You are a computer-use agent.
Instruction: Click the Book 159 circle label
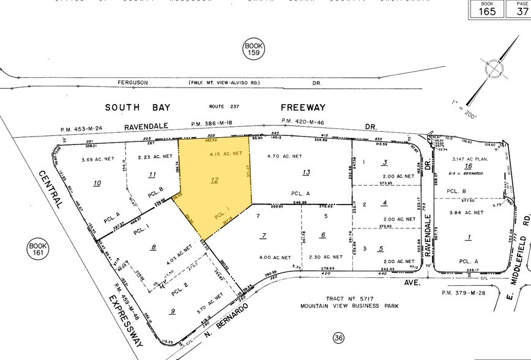pos(253,49)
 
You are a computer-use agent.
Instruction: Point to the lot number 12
pos(214,180)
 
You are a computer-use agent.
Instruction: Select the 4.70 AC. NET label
pos(285,156)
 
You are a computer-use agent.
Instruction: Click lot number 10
pos(97,182)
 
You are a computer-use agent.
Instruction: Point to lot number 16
pos(469,166)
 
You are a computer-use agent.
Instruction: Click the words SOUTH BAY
pos(138,107)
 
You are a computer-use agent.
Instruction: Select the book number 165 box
pos(487,9)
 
